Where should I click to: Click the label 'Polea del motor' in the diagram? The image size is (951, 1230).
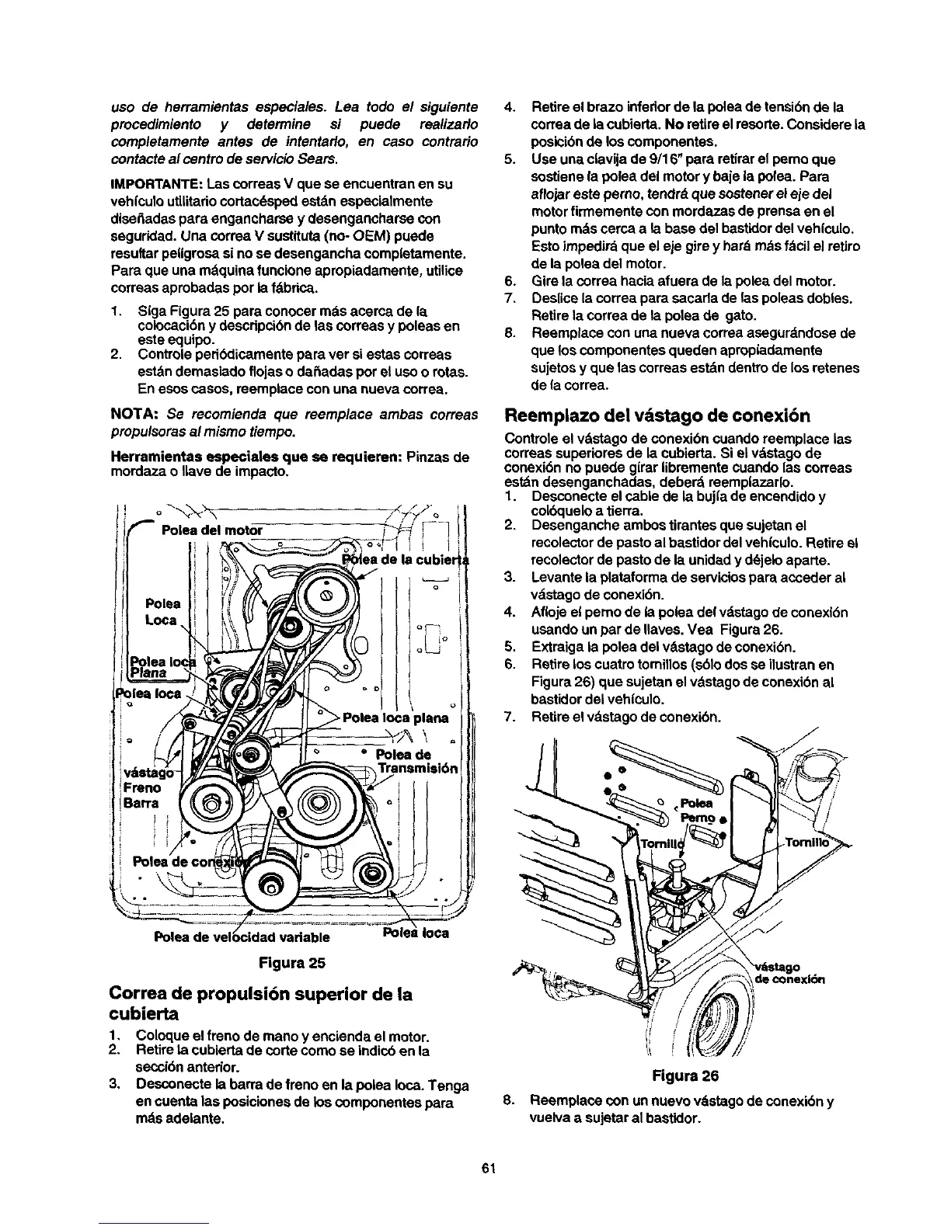point(211,530)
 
